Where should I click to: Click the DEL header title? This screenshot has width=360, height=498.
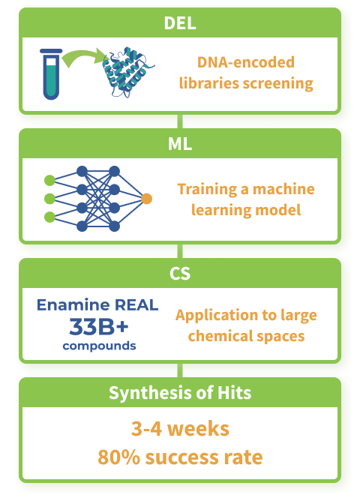coord(180,23)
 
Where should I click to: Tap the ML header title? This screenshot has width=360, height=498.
coord(180,144)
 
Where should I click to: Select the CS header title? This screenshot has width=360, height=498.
coord(180,274)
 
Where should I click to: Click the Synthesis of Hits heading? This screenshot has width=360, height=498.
coord(180,392)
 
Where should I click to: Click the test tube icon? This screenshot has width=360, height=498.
coord(51,74)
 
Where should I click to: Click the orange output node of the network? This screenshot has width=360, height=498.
coord(146,199)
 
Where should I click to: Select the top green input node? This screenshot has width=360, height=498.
coord(49,180)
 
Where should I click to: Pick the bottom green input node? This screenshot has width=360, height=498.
coord(49,217)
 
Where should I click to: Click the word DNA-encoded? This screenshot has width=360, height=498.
coord(246,62)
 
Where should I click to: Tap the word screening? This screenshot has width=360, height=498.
coord(278,83)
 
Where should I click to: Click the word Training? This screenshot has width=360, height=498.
coord(207,189)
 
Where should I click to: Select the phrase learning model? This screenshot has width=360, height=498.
coord(246,210)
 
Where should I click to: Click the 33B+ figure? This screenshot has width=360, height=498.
coord(99,326)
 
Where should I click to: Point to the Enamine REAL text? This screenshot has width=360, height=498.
coord(97,305)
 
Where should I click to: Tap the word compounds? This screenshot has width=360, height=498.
coord(99,346)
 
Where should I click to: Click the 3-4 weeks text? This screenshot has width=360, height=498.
coord(180,429)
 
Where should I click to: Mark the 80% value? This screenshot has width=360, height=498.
coord(118,457)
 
